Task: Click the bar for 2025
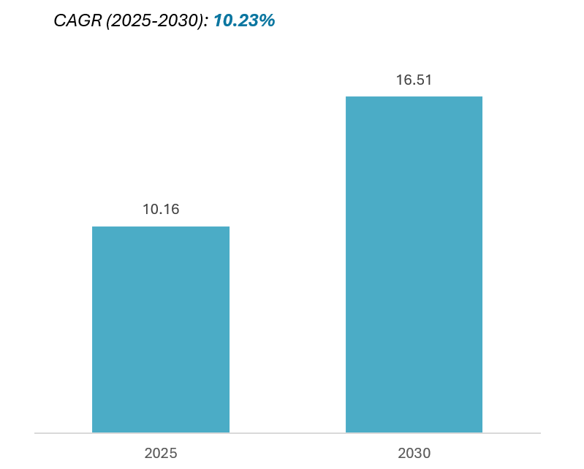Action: click(161, 329)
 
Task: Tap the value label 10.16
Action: click(161, 210)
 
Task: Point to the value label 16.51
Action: click(414, 80)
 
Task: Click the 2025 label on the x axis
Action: click(161, 453)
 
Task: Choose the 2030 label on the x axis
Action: click(414, 453)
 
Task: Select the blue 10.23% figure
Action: click(243, 21)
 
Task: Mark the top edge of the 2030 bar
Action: click(414, 96)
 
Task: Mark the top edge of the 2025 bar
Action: click(161, 226)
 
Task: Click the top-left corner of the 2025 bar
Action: click(93, 227)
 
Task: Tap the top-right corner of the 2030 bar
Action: click(482, 97)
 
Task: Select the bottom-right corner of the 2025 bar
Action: click(229, 432)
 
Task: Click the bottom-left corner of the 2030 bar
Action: click(346, 432)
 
